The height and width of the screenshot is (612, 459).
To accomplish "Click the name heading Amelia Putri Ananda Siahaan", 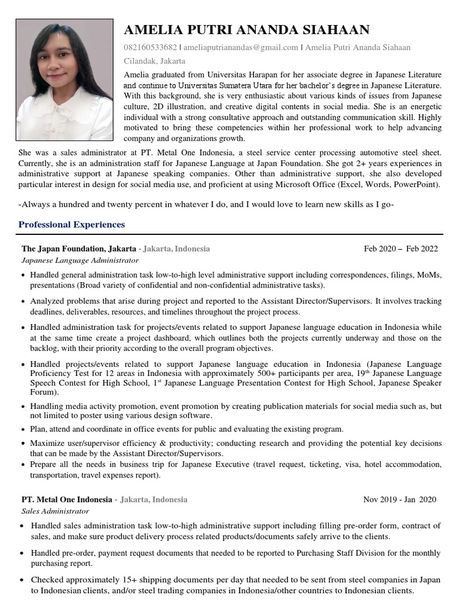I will click(246, 30).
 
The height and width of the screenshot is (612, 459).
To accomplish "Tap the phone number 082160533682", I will click(150, 48).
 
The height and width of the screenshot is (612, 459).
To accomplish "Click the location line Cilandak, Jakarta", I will click(154, 61).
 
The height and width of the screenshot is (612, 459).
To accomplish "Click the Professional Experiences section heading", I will click(72, 225).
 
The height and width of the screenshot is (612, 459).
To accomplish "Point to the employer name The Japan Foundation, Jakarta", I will click(78, 249).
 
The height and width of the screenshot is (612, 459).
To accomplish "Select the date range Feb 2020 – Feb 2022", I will click(400, 249).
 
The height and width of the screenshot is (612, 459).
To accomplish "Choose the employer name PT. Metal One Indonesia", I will click(66, 500).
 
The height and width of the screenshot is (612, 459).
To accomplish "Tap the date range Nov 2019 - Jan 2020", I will click(399, 500).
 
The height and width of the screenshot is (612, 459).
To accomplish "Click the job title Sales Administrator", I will click(55, 512).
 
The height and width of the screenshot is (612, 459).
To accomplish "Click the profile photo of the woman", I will click(65, 79).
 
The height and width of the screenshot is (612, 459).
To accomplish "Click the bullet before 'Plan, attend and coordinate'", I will click(23, 430).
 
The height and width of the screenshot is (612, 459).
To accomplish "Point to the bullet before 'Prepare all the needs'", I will click(23, 465).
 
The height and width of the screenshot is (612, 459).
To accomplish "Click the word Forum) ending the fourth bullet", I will click(44, 393).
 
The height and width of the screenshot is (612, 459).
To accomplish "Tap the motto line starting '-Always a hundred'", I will click(206, 204).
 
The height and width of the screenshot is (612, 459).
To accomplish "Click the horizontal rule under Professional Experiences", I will click(229, 234).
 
